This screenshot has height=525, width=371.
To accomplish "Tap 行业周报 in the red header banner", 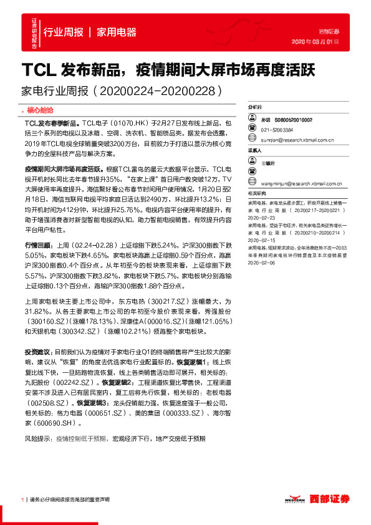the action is click(x=63, y=32).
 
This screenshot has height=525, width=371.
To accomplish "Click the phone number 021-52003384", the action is click(x=277, y=130).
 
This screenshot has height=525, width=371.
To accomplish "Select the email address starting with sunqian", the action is click(x=296, y=140).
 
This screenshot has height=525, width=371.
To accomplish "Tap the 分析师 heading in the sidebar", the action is click(x=256, y=108).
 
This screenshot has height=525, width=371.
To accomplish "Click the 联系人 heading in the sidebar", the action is click(x=256, y=151).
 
